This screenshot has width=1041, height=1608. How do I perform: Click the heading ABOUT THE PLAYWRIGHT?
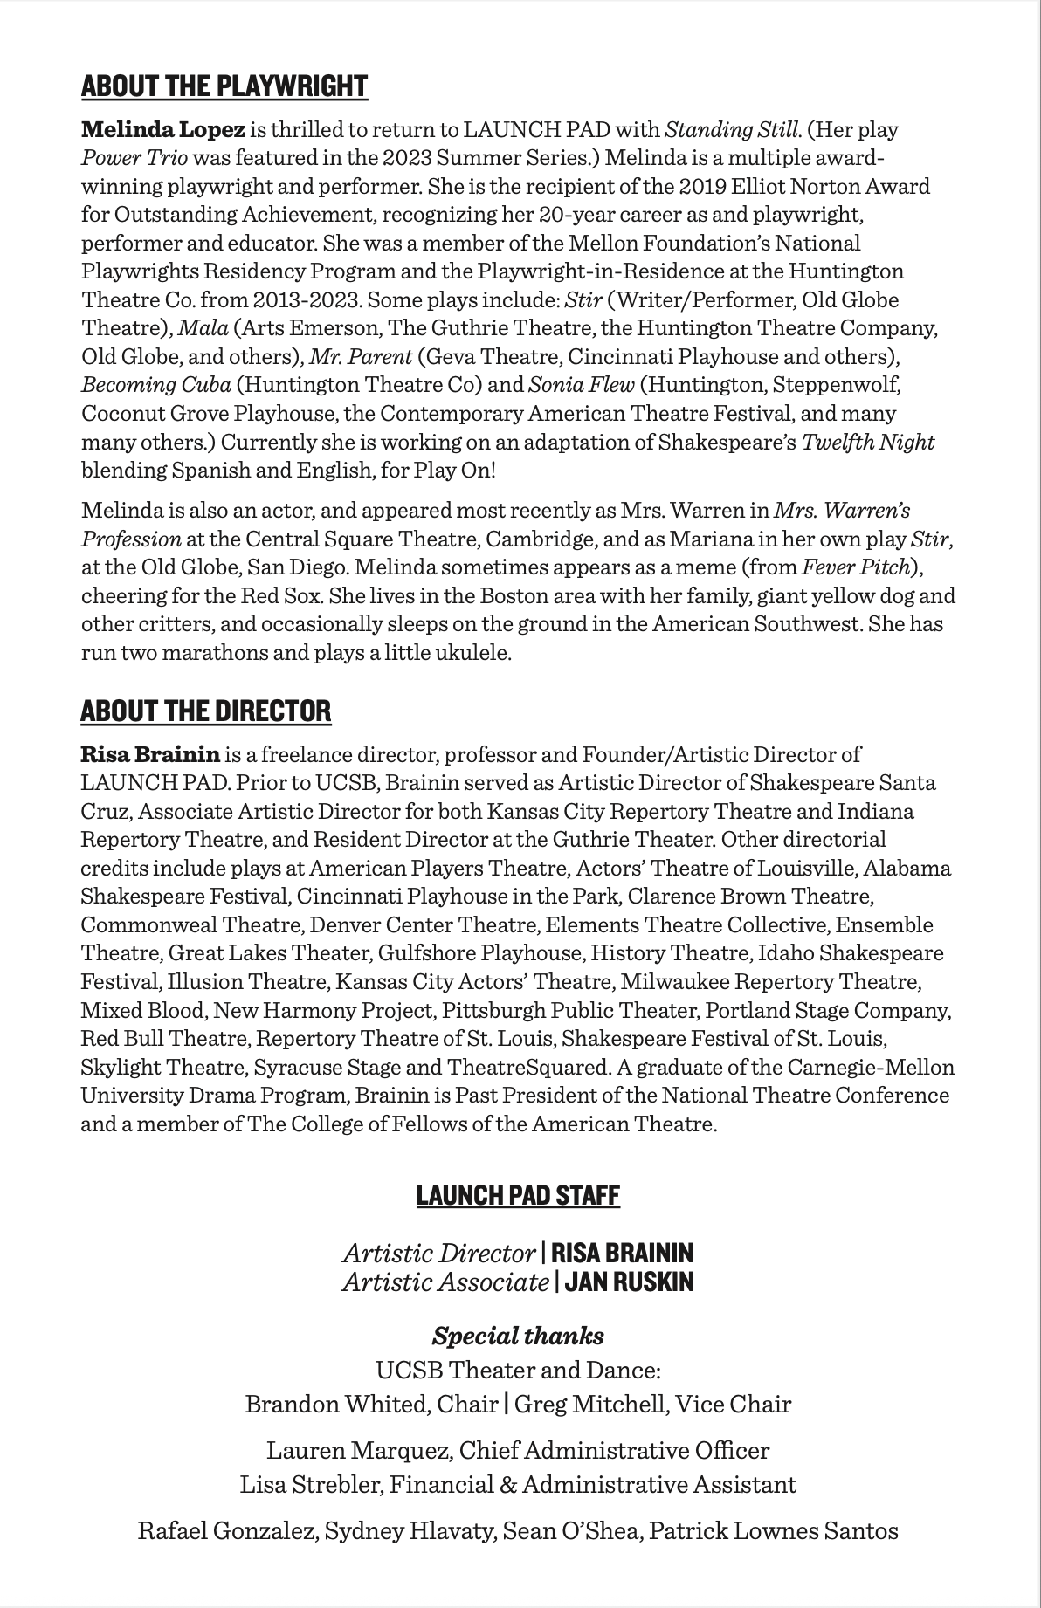(x=224, y=86)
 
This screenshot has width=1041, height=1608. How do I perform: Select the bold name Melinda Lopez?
(x=163, y=130)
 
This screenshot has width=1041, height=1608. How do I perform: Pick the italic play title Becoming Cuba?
(x=155, y=384)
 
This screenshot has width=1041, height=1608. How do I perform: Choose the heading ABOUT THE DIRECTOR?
(x=206, y=711)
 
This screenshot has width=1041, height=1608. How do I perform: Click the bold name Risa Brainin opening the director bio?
(x=150, y=754)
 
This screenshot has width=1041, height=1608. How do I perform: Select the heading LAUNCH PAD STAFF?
(x=518, y=1195)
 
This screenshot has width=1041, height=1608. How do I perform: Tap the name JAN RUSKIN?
(x=629, y=1282)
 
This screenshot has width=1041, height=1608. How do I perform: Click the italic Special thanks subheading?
(x=518, y=1336)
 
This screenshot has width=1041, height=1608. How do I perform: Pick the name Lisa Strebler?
(x=311, y=1484)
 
